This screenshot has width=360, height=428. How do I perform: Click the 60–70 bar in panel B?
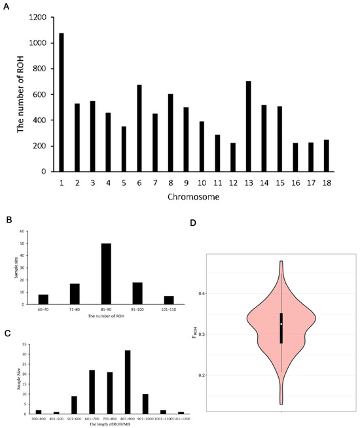[x=43, y=299]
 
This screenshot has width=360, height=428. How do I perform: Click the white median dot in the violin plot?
[x=281, y=324]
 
